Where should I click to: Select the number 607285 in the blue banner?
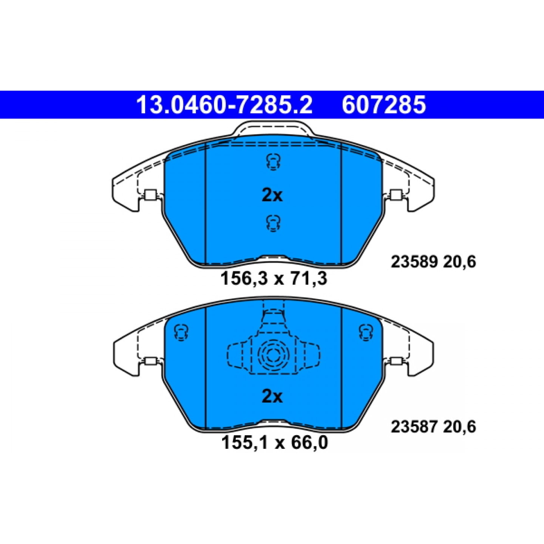click(x=384, y=105)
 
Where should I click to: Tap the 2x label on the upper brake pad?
click(x=272, y=196)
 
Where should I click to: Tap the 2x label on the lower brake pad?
click(x=272, y=397)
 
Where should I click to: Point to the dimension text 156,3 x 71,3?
click(x=274, y=278)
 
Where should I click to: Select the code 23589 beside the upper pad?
click(x=414, y=261)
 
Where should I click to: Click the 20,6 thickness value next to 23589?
click(x=460, y=262)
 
